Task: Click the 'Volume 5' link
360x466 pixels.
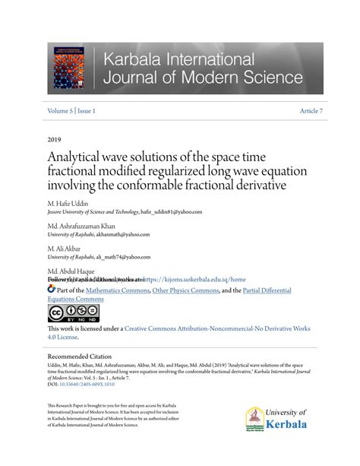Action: pos(62,111)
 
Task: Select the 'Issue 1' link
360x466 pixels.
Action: pos(85,111)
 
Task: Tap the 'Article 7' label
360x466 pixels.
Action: pos(311,111)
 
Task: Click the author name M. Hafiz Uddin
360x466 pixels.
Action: pos(68,204)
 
